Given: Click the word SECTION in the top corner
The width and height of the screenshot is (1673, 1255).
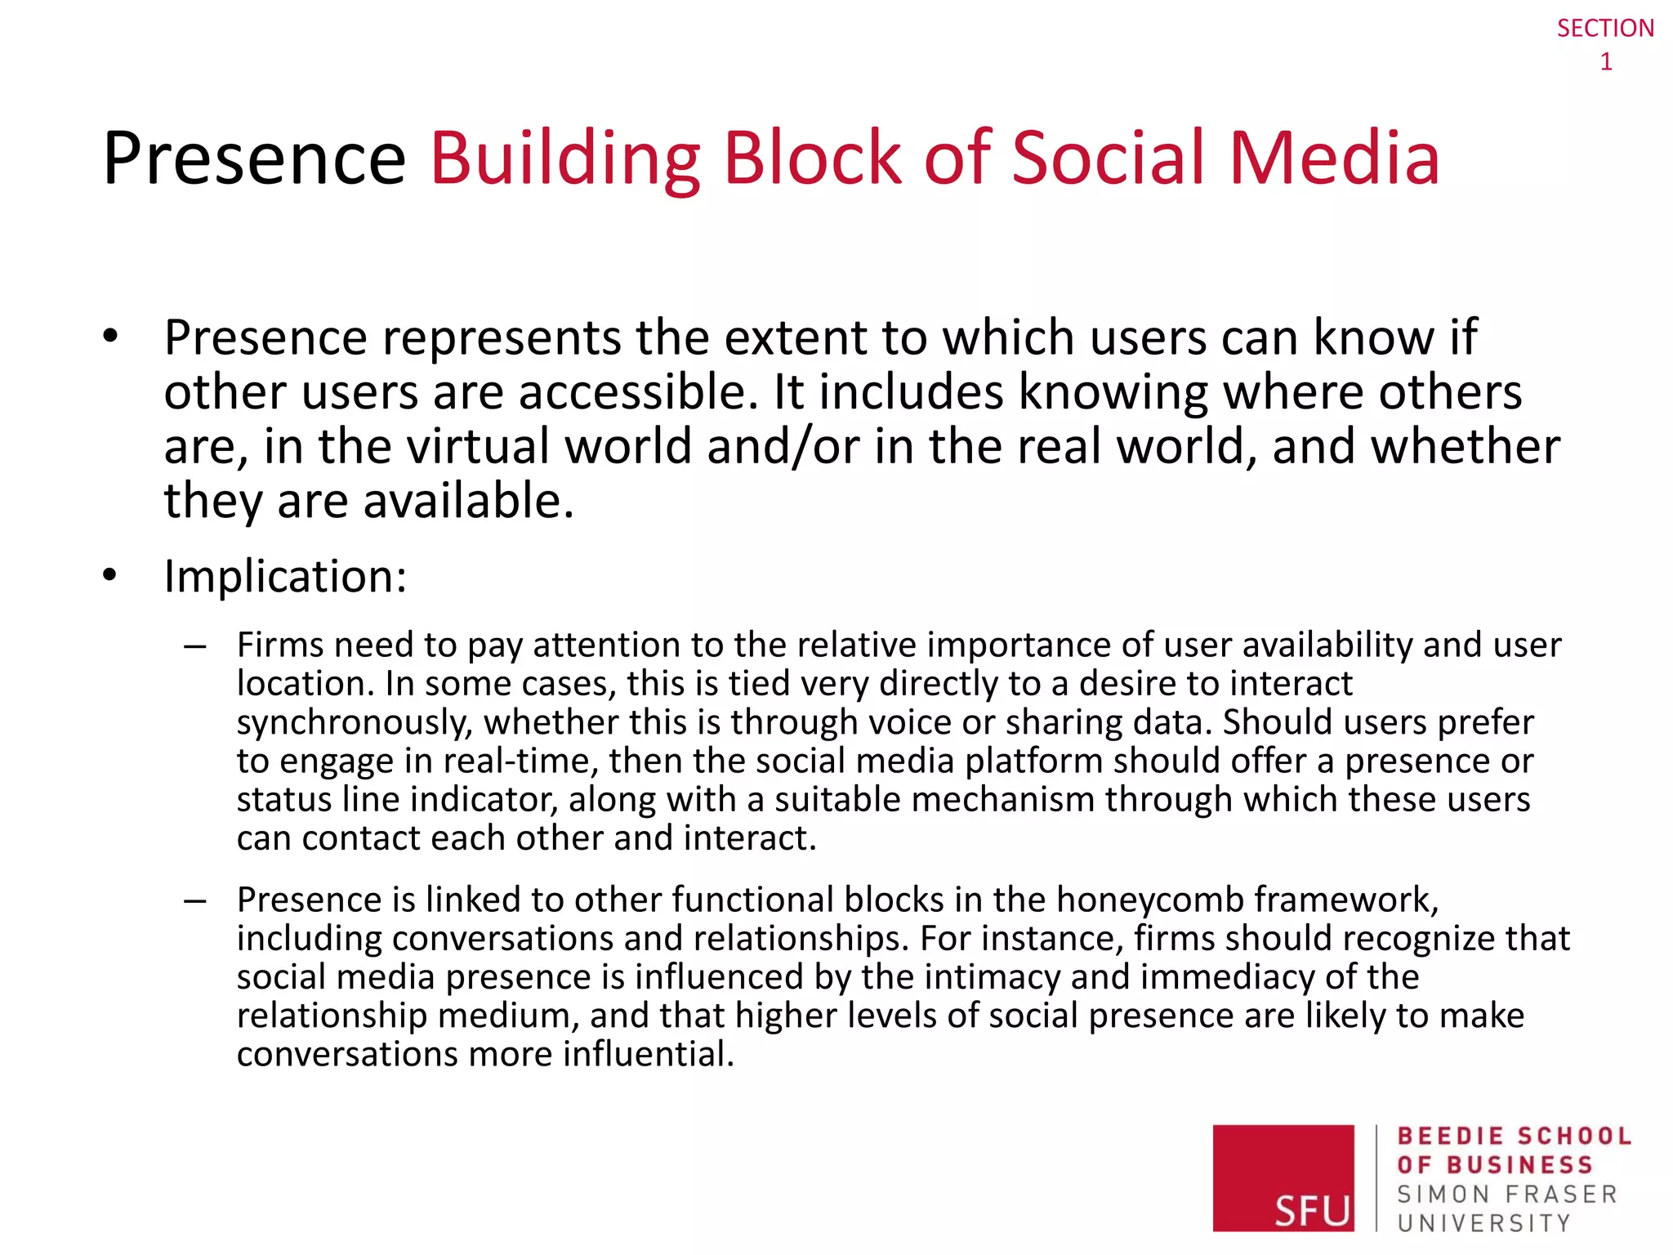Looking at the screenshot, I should (1604, 29).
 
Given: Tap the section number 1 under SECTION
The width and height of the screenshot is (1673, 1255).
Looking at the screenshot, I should (1606, 62).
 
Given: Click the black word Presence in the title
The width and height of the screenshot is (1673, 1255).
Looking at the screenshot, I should (254, 159).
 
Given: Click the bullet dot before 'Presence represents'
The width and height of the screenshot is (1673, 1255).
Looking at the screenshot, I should (111, 336).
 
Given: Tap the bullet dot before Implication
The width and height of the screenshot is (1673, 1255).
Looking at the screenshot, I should (111, 575).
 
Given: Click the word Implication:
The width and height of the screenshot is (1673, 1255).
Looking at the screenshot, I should (285, 576).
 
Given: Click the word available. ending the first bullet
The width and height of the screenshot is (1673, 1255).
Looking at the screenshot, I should (468, 500).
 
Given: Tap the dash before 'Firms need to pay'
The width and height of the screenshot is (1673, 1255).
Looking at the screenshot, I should (195, 646).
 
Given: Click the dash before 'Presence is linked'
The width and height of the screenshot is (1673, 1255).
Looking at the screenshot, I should (195, 900).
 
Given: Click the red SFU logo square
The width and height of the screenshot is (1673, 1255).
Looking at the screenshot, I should (1283, 1177).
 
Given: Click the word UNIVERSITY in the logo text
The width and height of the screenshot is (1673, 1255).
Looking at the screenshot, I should (1483, 1223).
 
